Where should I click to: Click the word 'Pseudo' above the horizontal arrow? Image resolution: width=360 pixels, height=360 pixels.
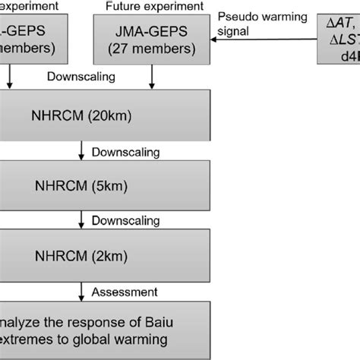(235, 16)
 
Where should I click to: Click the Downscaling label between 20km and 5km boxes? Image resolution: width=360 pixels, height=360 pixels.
(125, 152)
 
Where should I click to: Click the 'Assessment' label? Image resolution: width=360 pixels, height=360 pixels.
(125, 291)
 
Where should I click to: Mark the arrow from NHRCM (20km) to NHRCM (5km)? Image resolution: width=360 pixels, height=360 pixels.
(81, 152)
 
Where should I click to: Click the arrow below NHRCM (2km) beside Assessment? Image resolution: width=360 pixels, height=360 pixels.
(81, 291)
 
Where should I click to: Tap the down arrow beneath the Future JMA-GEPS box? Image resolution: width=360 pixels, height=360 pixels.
(155, 77)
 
